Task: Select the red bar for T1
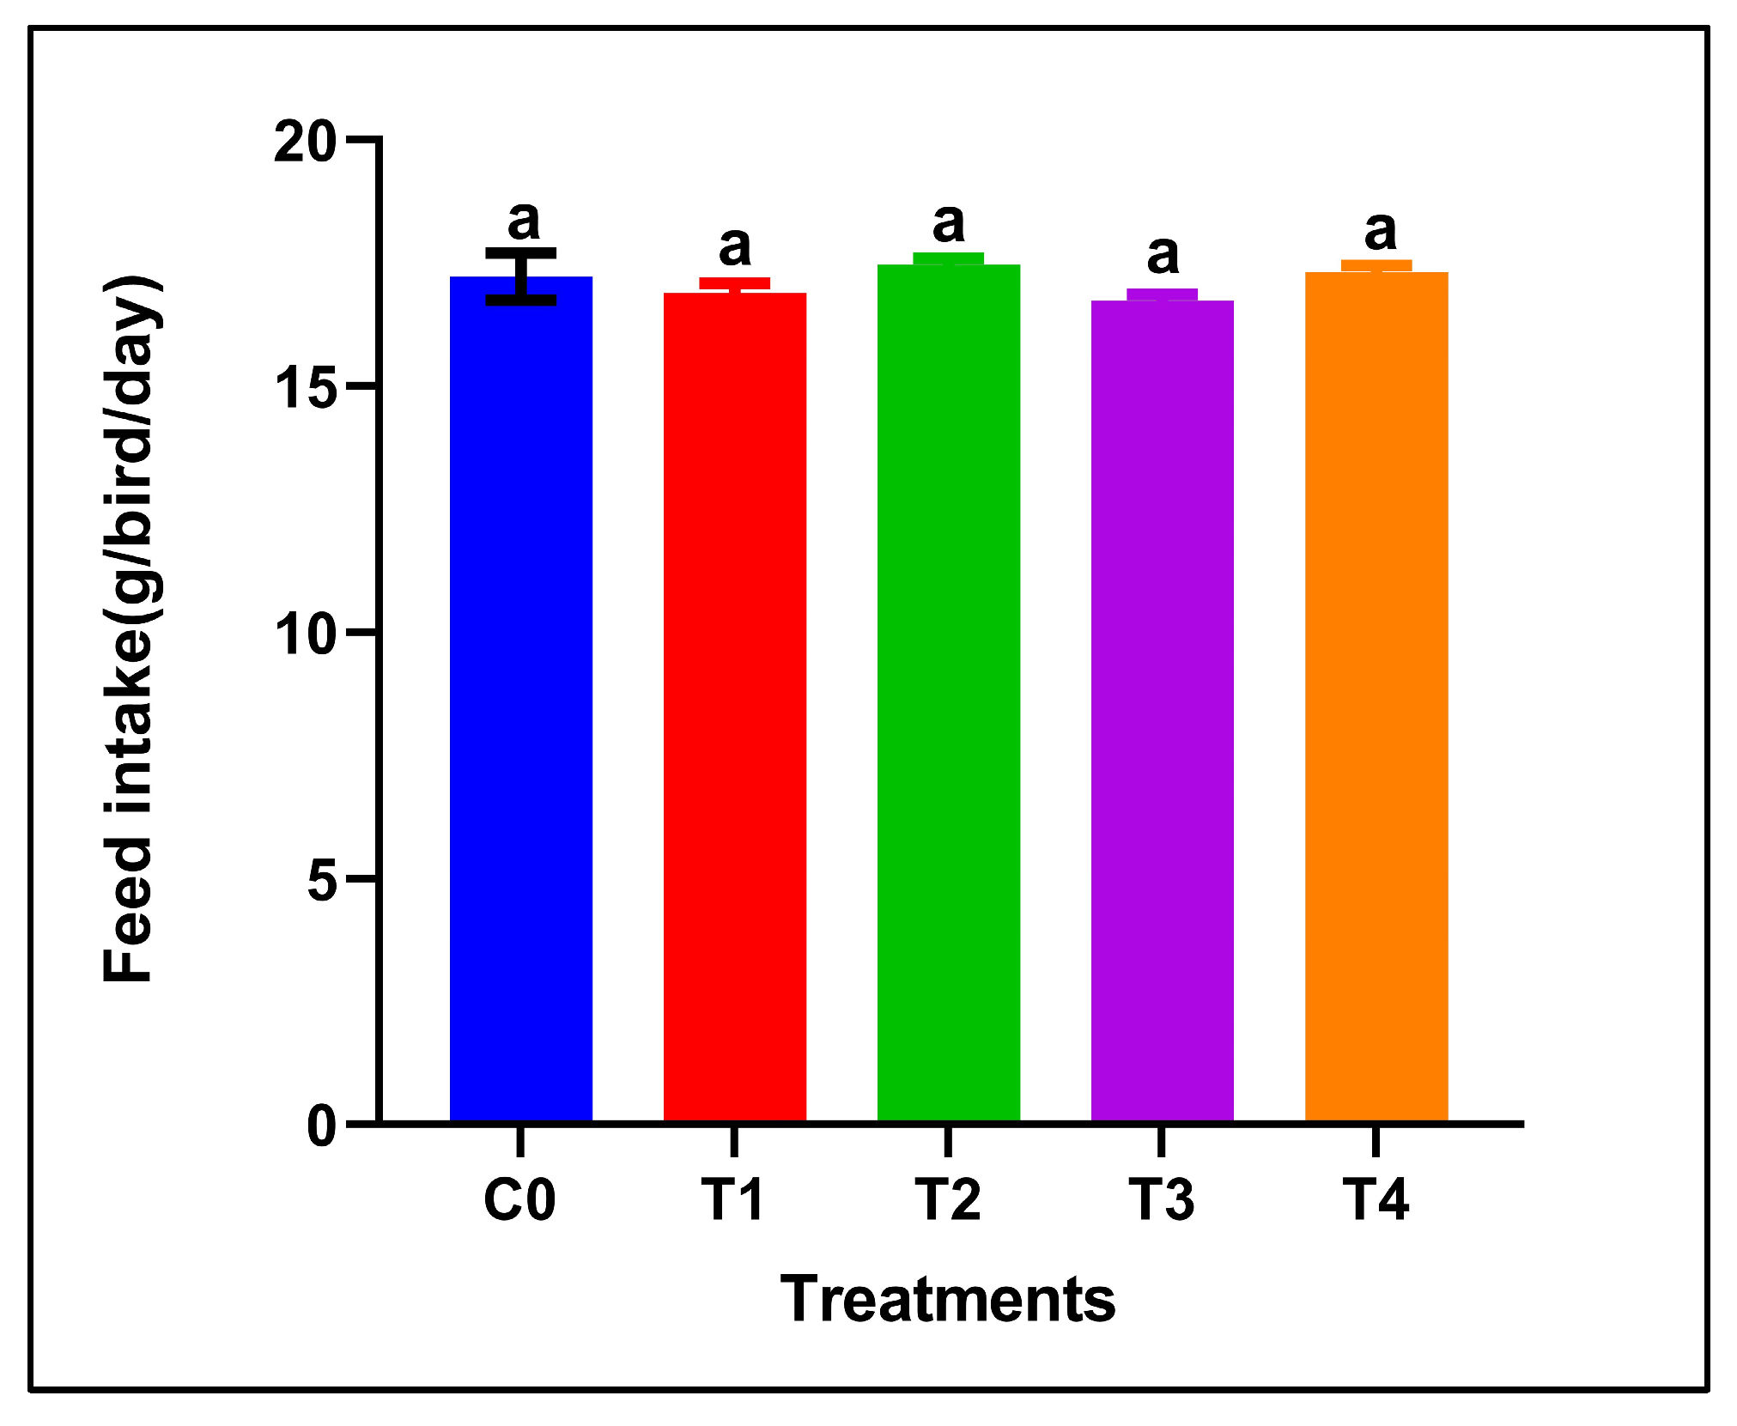(735, 708)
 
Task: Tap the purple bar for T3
(1163, 713)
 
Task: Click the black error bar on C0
(521, 276)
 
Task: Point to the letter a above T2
(949, 224)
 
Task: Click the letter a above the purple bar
(1163, 256)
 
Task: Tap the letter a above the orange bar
(1381, 231)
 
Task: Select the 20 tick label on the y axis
(305, 142)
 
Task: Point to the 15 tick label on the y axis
(305, 388)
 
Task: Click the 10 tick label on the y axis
(305, 634)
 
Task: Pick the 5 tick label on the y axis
(322, 881)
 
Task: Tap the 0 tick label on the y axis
(322, 1126)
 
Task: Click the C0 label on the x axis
(519, 1199)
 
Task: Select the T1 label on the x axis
(733, 1199)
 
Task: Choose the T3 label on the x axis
(1161, 1199)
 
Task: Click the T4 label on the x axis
(1376, 1199)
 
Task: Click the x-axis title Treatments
(948, 1299)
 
